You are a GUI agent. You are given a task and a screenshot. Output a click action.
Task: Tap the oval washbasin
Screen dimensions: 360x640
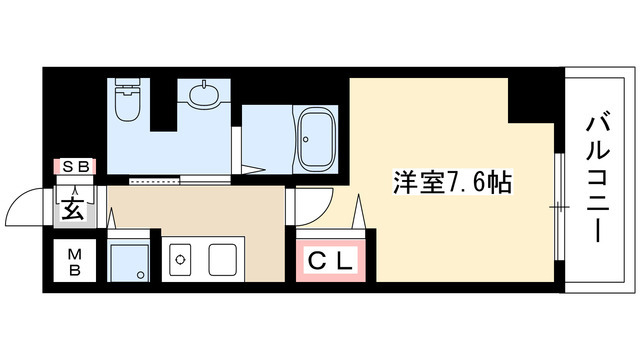pyautogui.click(x=203, y=97)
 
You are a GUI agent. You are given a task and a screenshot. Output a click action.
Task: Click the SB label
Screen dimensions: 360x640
pyautogui.click(x=74, y=167)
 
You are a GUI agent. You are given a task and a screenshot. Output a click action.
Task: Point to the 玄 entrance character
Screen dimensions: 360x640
pyautogui.click(x=73, y=210)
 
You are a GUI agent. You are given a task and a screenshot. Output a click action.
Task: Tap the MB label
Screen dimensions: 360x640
pyautogui.click(x=74, y=265)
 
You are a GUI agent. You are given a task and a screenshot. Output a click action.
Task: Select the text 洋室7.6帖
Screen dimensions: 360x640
pyautogui.click(x=452, y=184)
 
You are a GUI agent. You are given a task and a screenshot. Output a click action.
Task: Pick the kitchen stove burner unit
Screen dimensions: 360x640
pyautogui.click(x=181, y=260)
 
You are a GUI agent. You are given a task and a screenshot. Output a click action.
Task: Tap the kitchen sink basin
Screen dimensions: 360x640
pyautogui.click(x=226, y=260)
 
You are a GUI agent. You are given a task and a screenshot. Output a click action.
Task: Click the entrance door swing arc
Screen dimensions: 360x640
pyautogui.click(x=22, y=205)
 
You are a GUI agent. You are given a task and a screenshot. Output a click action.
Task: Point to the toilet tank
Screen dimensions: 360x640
pyautogui.click(x=127, y=89)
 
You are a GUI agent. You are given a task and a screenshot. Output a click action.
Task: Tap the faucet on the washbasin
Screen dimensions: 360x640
pyautogui.click(x=203, y=88)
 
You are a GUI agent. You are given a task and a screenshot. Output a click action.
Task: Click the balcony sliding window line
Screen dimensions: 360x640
pyautogui.click(x=557, y=205)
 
